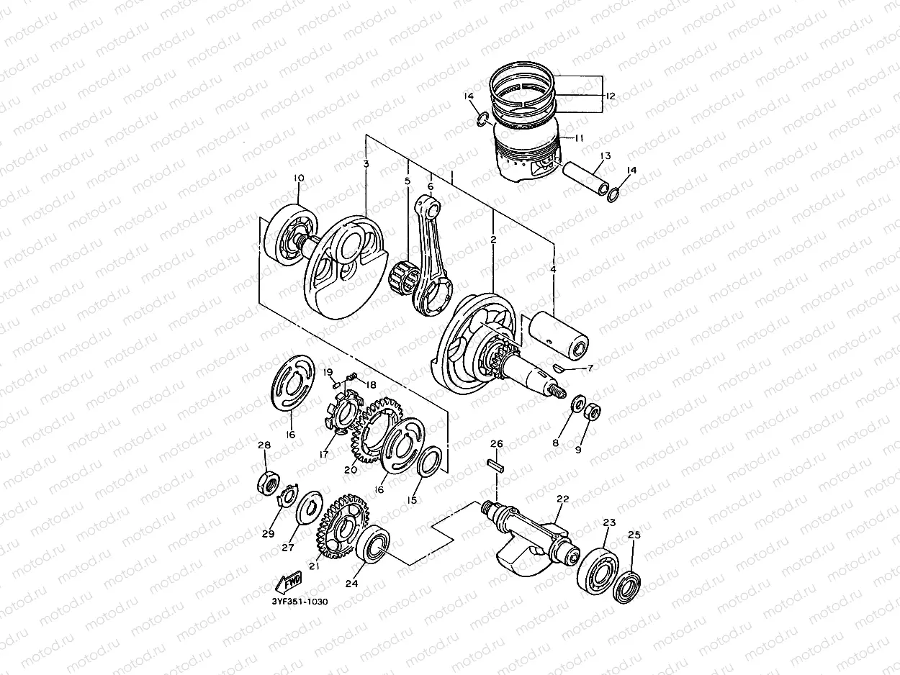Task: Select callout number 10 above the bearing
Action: tap(299, 178)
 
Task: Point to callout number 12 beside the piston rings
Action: tap(610, 96)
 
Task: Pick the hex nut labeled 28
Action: tap(266, 483)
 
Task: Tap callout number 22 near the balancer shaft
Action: tap(562, 498)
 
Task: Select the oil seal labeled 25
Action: tap(628, 585)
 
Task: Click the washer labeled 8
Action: tap(577, 404)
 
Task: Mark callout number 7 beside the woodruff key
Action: tap(590, 368)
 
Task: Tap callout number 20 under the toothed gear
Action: tap(351, 470)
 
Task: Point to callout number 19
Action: tap(328, 372)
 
